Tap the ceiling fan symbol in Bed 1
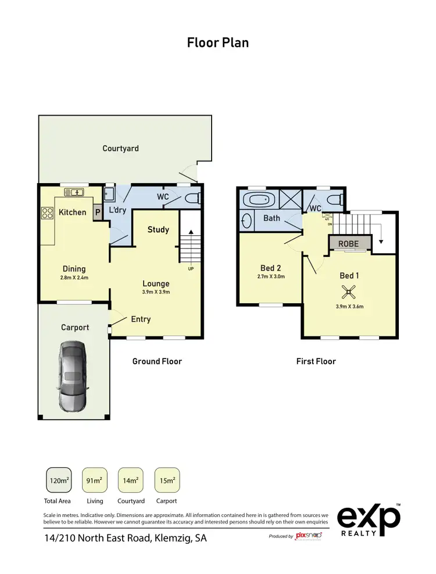tap(349, 292)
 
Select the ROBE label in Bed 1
tap(349, 244)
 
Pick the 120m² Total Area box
tap(59, 480)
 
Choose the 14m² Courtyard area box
tap(131, 480)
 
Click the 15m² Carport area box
tap(167, 480)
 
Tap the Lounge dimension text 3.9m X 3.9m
tap(156, 292)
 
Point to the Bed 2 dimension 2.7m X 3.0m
tap(271, 277)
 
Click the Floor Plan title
tap(217, 42)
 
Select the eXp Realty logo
tap(369, 518)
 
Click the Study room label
tap(158, 229)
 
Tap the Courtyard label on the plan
tap(120, 148)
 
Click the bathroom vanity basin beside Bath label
tap(246, 220)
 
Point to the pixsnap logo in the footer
tap(309, 535)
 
